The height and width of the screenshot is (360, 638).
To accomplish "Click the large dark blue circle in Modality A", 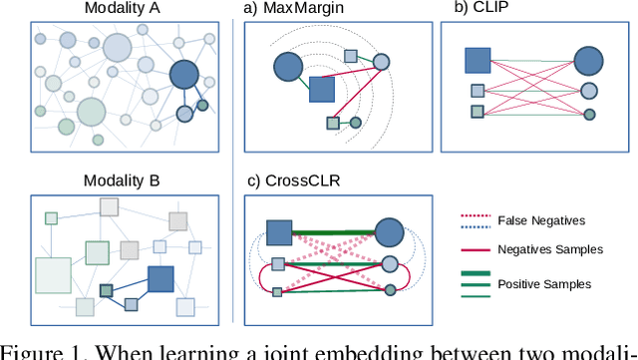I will [x=184, y=76].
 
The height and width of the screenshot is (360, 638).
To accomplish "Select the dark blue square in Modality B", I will [x=160, y=279].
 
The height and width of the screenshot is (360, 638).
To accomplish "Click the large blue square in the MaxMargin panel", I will [x=321, y=90].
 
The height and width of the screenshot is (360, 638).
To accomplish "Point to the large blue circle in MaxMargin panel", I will [x=288, y=67].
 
